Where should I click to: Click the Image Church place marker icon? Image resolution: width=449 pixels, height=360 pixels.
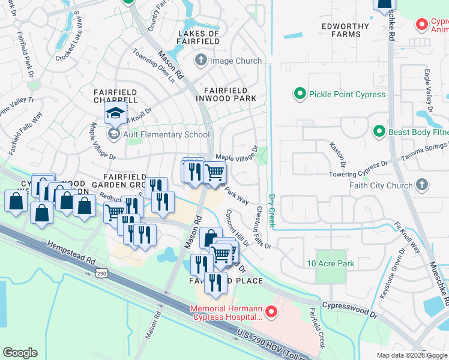click(x=200, y=61)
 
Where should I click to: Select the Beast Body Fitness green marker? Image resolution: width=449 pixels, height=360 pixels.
click(x=379, y=131)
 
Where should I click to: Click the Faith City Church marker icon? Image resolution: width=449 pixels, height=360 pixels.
click(x=422, y=185)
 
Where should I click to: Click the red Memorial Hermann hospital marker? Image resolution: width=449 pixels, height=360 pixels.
click(x=271, y=313)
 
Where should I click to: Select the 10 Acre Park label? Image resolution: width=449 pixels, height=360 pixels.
click(x=330, y=263)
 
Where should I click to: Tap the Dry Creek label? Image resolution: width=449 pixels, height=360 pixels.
click(x=271, y=210)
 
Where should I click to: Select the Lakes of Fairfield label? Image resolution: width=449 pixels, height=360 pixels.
click(x=198, y=38)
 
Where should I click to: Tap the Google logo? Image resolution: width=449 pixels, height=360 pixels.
click(x=20, y=352)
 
